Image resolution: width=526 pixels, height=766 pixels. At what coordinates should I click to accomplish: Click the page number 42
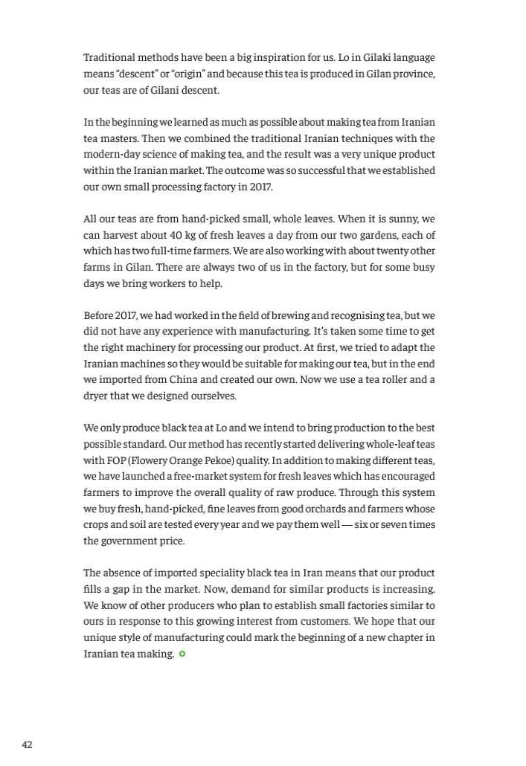pos(27,744)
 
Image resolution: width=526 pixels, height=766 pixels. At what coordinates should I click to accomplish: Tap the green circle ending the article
pos(182,654)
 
